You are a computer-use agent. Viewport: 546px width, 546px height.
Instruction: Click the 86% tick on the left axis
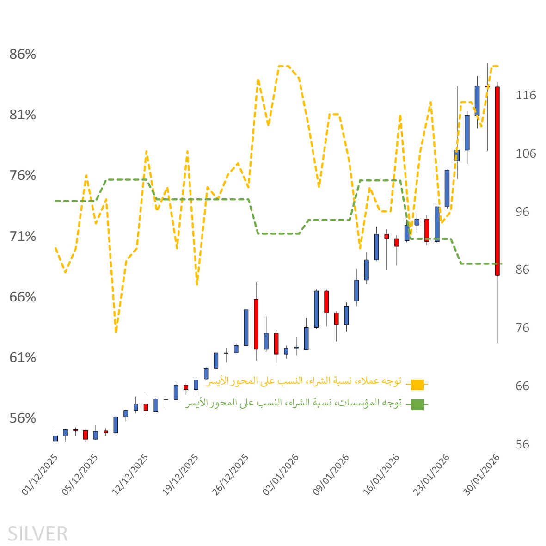[x=23, y=55]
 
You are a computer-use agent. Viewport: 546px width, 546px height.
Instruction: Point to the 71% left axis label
[x=23, y=237]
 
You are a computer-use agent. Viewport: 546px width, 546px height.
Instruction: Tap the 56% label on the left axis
[x=23, y=418]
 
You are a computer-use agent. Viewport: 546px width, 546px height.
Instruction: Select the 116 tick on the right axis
[x=526, y=96]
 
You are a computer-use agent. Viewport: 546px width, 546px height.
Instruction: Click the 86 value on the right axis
[x=522, y=270]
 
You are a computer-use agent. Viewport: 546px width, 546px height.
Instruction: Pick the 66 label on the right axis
[x=522, y=386]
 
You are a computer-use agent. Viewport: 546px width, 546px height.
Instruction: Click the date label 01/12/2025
[x=41, y=475]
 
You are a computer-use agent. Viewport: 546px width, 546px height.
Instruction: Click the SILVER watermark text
[x=37, y=534]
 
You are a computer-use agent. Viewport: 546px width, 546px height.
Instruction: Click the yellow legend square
[x=417, y=384]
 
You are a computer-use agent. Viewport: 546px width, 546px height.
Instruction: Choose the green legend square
[x=417, y=405]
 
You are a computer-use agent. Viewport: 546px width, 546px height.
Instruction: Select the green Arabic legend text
[x=293, y=403]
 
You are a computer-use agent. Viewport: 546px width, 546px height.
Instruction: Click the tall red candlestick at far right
[x=497, y=180]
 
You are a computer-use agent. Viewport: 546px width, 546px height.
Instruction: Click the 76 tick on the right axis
[x=522, y=328]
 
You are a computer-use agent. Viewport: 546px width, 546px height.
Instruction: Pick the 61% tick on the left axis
[x=23, y=358]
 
